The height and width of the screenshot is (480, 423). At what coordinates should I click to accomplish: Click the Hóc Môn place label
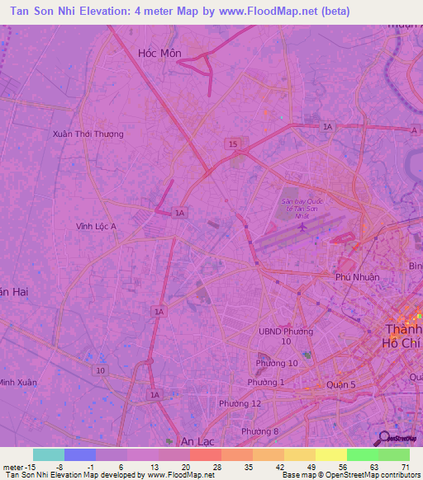159,53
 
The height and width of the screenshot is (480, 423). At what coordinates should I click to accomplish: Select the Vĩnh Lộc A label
96,226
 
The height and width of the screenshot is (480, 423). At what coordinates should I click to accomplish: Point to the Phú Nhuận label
358,277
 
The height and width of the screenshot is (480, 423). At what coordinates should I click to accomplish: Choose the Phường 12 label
240,402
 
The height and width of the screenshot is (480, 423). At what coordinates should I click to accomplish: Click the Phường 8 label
259,431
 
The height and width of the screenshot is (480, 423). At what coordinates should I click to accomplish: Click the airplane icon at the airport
302,226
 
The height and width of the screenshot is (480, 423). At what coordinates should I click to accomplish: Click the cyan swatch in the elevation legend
49,454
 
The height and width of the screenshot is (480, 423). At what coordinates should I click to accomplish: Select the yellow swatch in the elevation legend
331,454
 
